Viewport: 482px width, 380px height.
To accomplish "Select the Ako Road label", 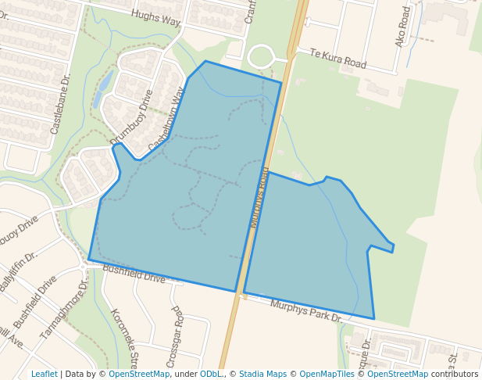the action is (x=403, y=28).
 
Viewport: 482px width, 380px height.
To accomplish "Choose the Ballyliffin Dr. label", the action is (x=19, y=271).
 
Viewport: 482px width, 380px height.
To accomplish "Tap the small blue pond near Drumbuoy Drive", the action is (x=100, y=88).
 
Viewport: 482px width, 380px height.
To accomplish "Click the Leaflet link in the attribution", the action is (x=44, y=375).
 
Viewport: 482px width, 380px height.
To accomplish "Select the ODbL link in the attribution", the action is (x=210, y=375).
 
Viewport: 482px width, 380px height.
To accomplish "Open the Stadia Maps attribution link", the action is (x=262, y=375).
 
